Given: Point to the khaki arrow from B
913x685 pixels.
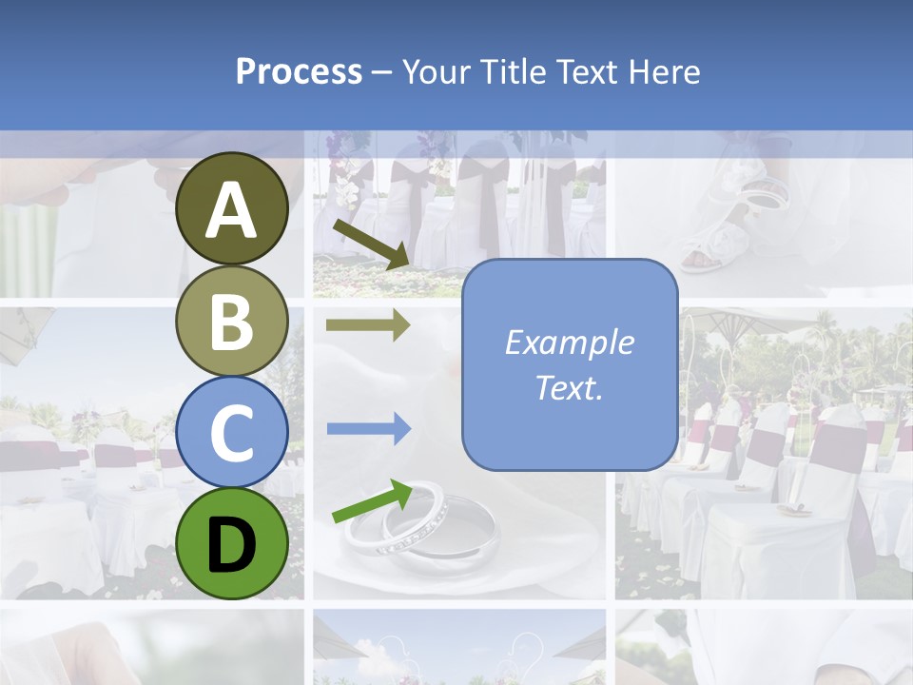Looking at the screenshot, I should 368,325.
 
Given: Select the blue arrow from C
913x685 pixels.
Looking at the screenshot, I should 368,429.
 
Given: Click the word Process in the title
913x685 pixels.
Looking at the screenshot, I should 299,71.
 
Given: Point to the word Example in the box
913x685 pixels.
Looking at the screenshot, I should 569,342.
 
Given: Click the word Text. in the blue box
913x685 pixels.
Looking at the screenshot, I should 569,388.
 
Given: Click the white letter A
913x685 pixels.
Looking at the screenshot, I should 232,211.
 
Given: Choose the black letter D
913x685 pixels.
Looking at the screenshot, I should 232,545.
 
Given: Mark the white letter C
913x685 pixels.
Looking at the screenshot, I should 232,434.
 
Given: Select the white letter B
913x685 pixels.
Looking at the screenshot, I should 232,322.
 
